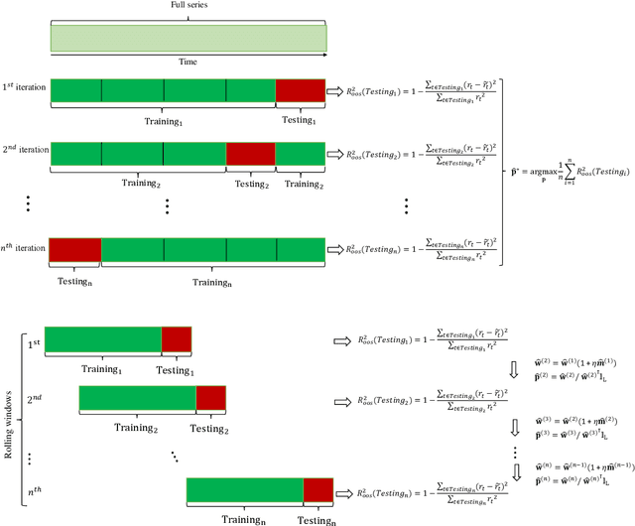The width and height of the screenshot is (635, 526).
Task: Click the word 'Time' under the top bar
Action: [189, 61]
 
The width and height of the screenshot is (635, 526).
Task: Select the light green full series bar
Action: [189, 39]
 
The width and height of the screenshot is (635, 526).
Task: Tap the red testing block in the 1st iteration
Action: [300, 90]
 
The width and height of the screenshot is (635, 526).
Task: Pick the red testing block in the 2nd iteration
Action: [250, 153]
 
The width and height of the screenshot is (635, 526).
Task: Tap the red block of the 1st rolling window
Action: [177, 338]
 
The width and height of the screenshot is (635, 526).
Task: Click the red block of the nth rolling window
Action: [318, 489]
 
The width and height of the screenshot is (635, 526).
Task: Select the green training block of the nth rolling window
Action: [245, 489]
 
